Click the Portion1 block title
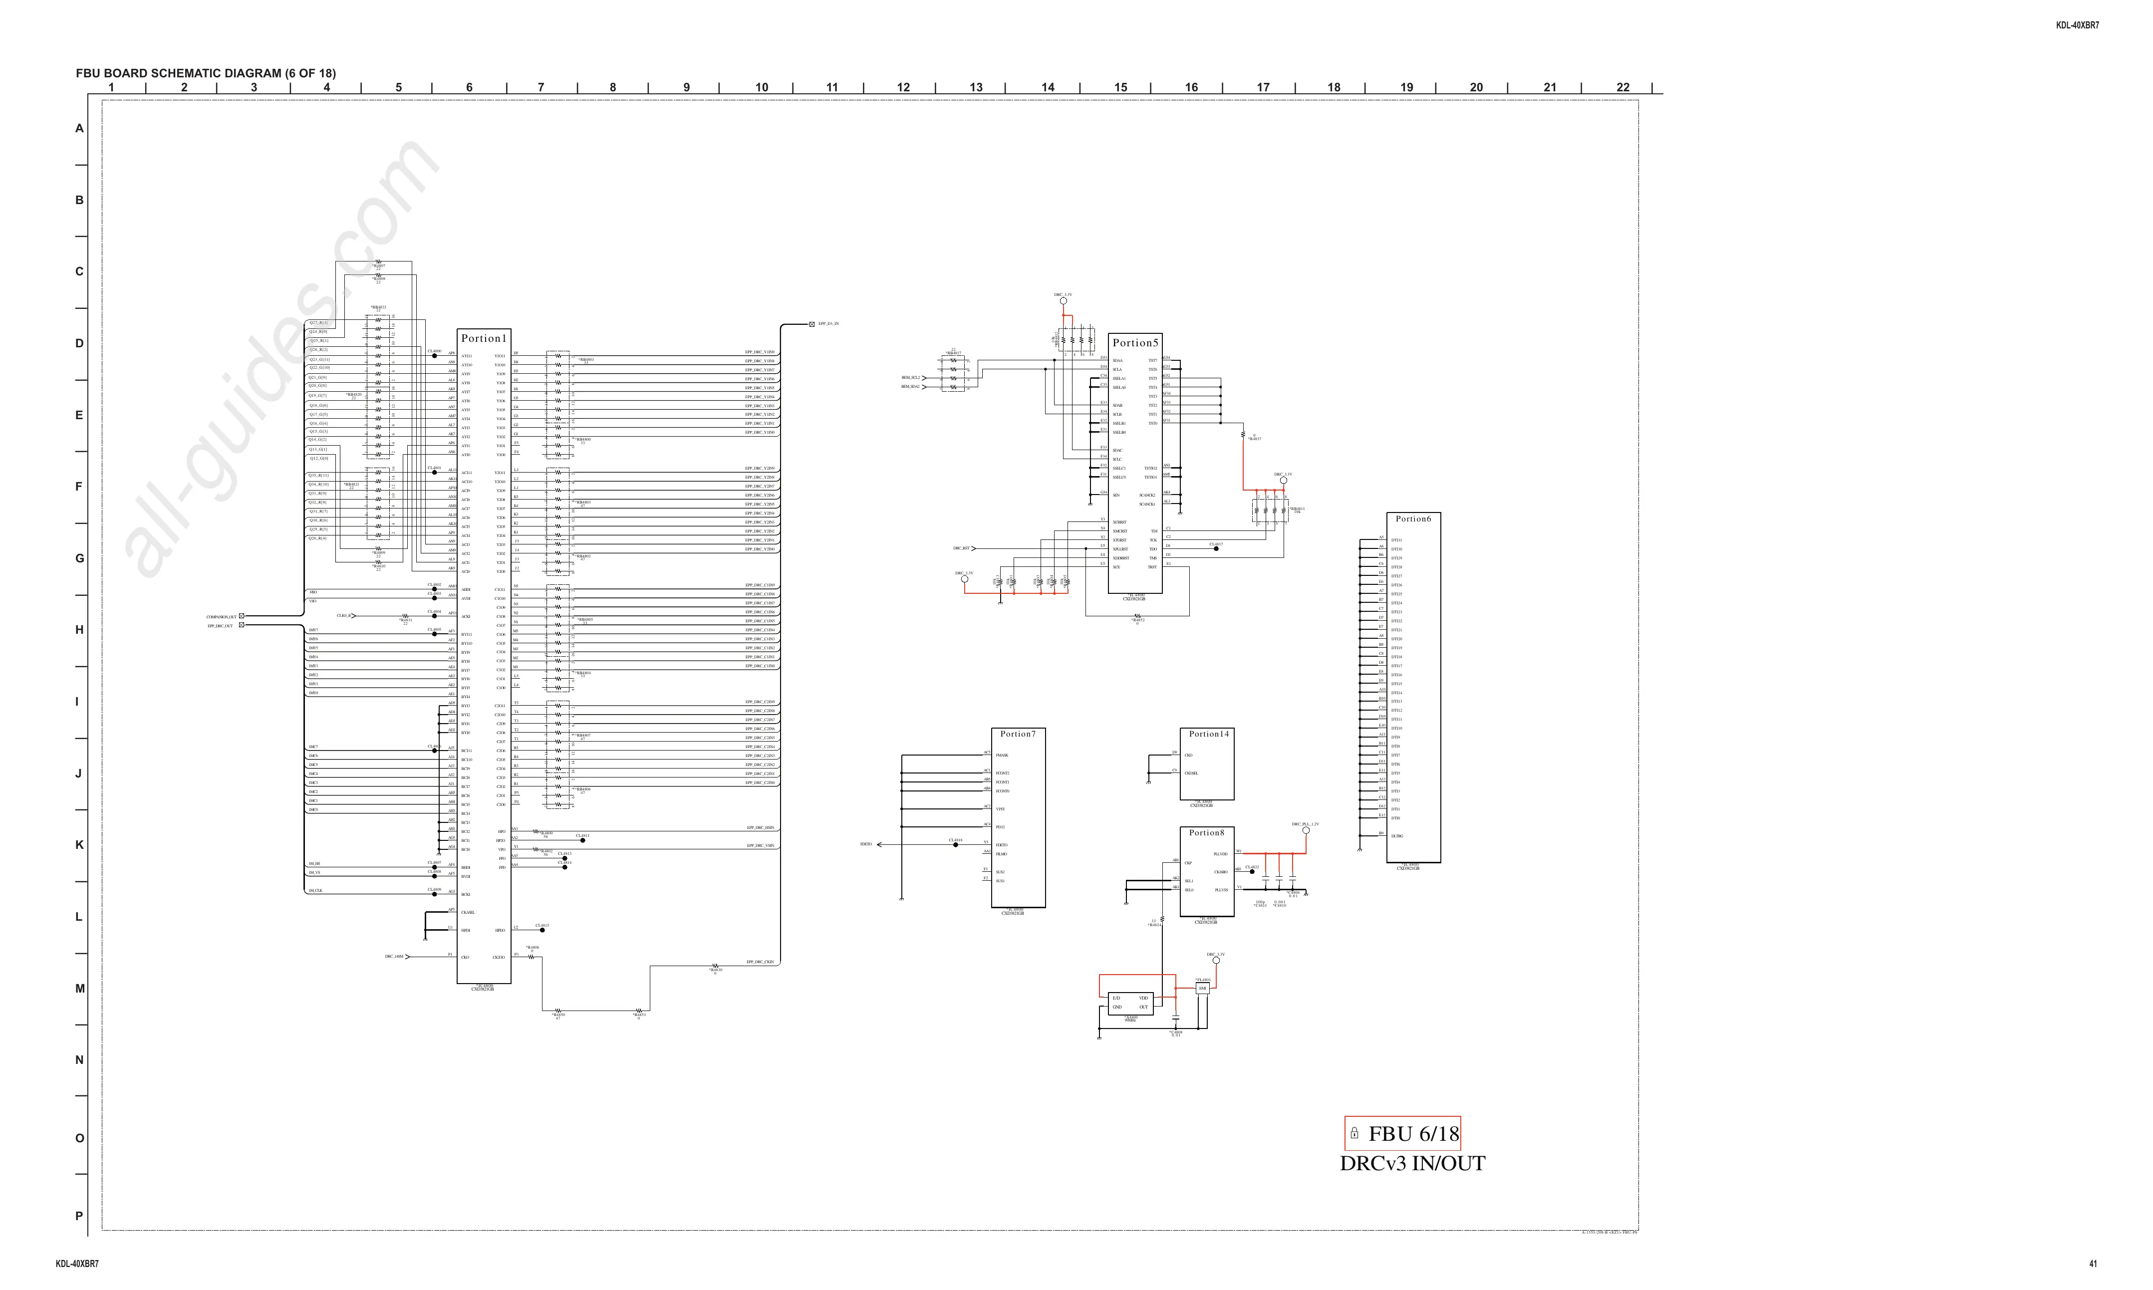(483, 338)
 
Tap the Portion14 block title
(1208, 734)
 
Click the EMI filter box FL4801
(1203, 989)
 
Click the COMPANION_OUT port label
(222, 616)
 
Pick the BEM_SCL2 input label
(910, 377)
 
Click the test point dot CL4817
(1216, 548)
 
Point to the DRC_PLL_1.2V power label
(1305, 824)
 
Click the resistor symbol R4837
(1243, 435)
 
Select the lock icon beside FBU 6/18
(1354, 1133)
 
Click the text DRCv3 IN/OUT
(1412, 1163)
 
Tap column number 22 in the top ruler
(1623, 87)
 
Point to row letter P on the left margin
(79, 1216)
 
